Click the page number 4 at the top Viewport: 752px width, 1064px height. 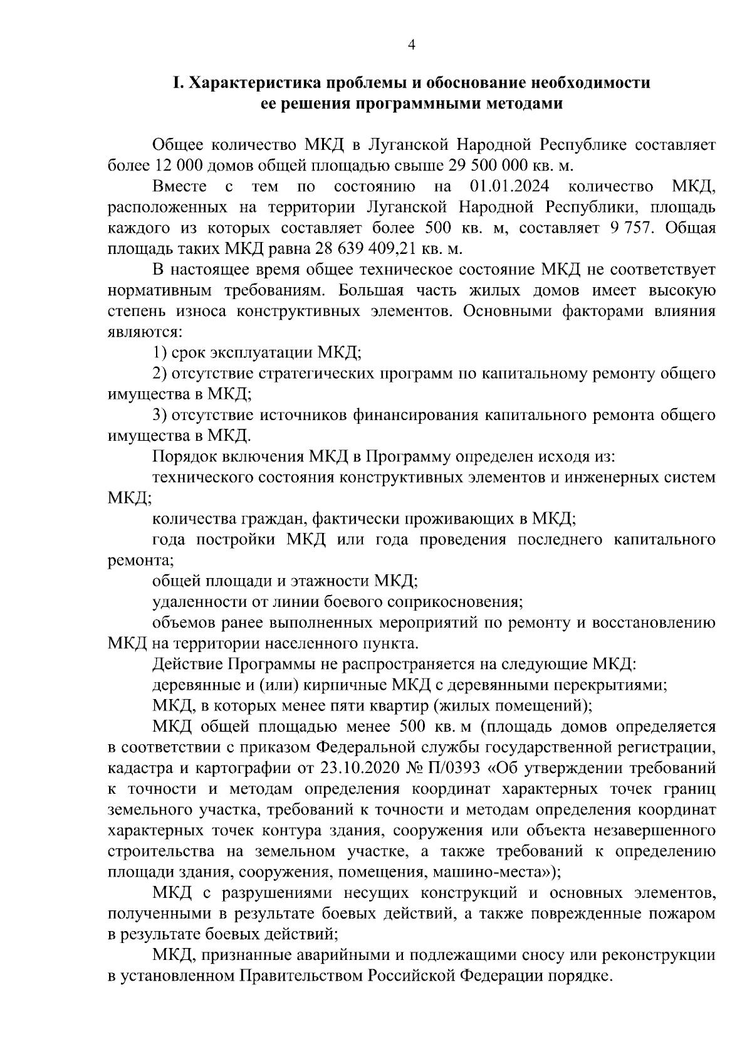click(411, 44)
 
